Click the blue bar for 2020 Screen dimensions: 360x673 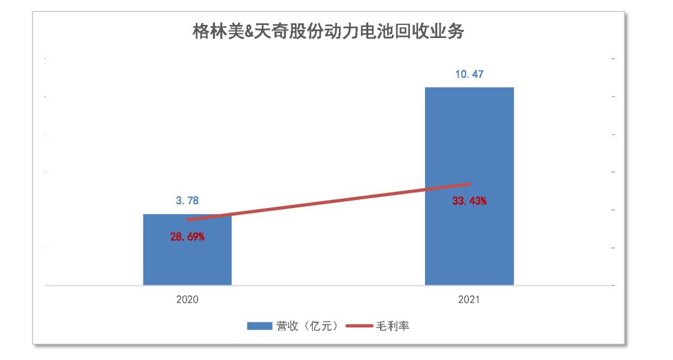[x=187, y=255]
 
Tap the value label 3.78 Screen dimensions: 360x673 [x=187, y=201]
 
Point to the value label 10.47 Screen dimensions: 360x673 [x=469, y=74]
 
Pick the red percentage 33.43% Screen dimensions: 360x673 [x=469, y=201]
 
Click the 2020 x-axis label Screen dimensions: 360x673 [x=187, y=300]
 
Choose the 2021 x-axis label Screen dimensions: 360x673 [x=469, y=300]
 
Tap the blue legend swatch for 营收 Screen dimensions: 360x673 [x=260, y=326]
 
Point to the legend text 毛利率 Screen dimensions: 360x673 [x=392, y=326]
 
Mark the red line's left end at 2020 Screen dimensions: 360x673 [x=188, y=219]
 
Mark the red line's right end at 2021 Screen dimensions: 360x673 [x=469, y=184]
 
